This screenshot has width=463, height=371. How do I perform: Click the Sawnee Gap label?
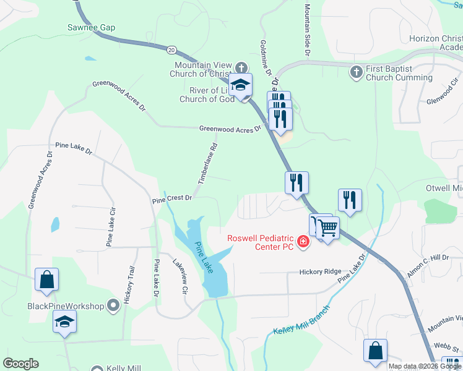point(92,28)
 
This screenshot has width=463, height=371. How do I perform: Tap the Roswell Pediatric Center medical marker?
point(303,241)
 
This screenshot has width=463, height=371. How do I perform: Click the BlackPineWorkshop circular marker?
point(113,305)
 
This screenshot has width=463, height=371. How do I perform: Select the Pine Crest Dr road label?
point(173,199)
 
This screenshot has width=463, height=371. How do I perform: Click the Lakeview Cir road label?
point(180,276)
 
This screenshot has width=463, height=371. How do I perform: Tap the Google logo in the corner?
point(20,364)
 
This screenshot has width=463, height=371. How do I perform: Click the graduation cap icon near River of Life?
point(240,85)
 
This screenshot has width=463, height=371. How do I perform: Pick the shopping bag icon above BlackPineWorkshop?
point(46,279)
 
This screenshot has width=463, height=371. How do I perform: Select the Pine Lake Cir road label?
point(110,228)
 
